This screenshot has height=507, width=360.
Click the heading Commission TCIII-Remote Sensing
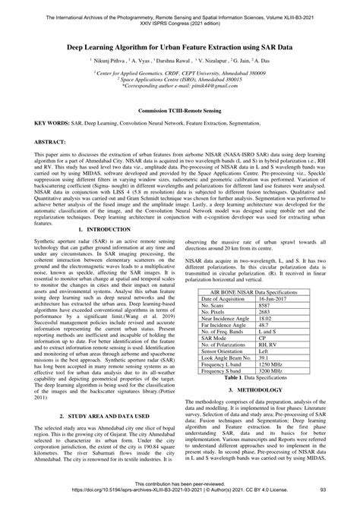click(179, 110)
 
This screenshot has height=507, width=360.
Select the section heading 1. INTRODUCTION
click(106, 228)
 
